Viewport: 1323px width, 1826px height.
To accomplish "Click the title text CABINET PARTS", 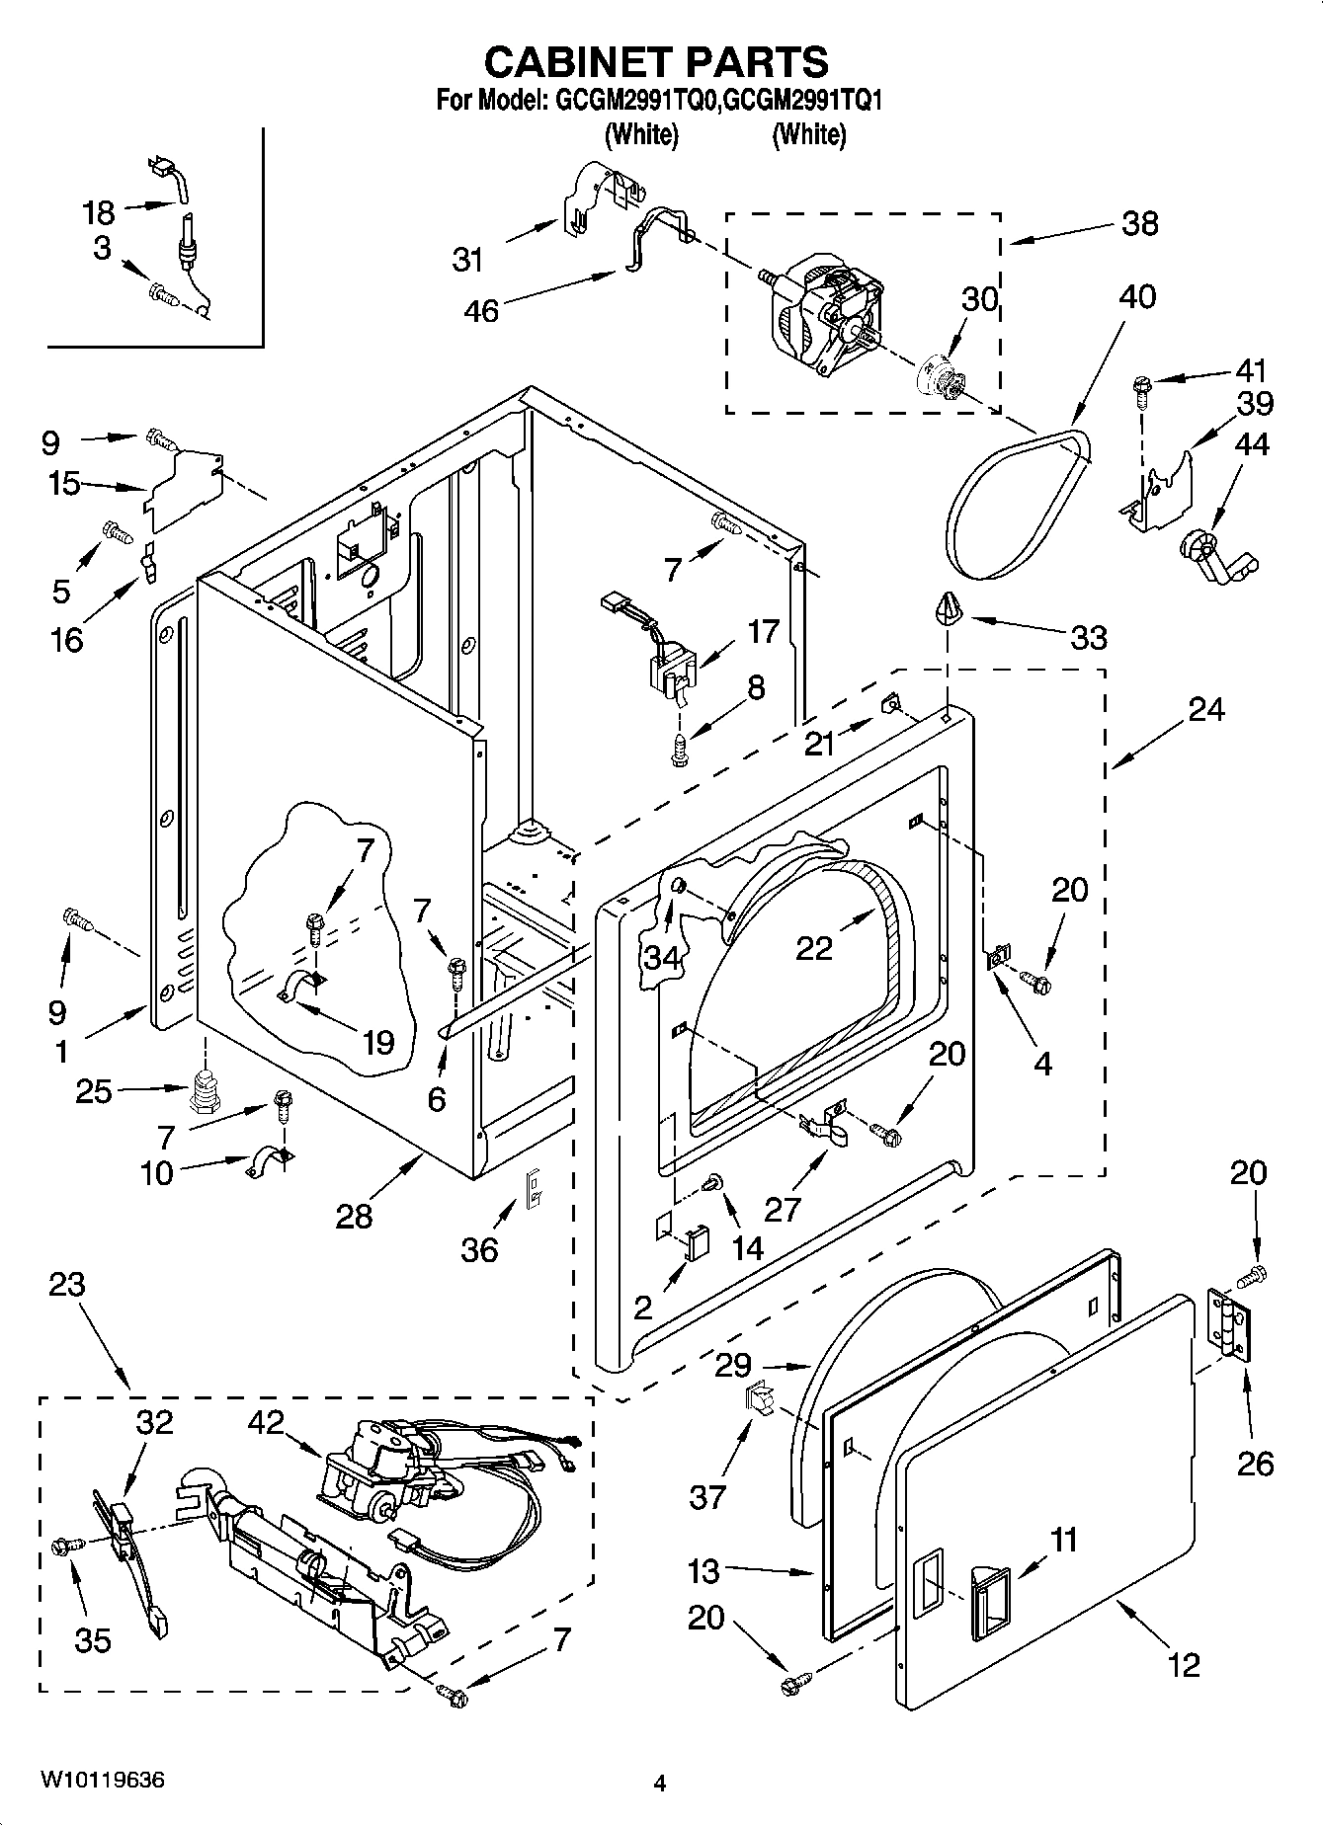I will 656,61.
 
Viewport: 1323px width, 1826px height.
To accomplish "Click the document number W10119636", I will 103,1781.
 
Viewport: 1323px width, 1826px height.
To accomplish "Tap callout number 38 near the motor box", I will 1139,223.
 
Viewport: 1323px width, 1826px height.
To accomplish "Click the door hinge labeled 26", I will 1231,1324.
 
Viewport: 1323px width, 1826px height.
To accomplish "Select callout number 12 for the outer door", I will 1183,1664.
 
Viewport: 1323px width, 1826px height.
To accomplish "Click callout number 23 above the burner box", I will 67,1285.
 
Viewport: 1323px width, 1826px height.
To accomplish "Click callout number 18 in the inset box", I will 98,212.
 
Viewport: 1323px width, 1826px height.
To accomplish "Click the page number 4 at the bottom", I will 660,1784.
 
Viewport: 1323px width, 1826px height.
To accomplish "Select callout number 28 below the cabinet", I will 354,1216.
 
